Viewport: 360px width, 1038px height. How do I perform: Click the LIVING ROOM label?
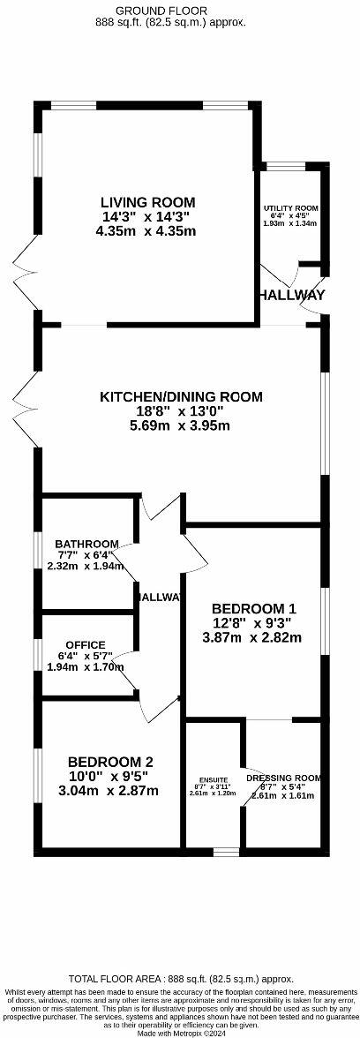pos(147,202)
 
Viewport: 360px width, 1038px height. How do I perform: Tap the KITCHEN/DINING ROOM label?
pos(180,397)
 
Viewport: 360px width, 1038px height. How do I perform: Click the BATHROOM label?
pos(86,544)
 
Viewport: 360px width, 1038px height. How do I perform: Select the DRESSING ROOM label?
pos(283,778)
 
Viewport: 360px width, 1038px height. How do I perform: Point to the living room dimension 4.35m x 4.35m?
pos(147,231)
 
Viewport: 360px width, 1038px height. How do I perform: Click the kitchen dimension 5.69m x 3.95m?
pos(179,425)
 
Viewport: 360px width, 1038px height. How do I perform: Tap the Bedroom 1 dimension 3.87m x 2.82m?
pos(253,636)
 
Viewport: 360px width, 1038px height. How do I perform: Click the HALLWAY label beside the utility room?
pos(292,295)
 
